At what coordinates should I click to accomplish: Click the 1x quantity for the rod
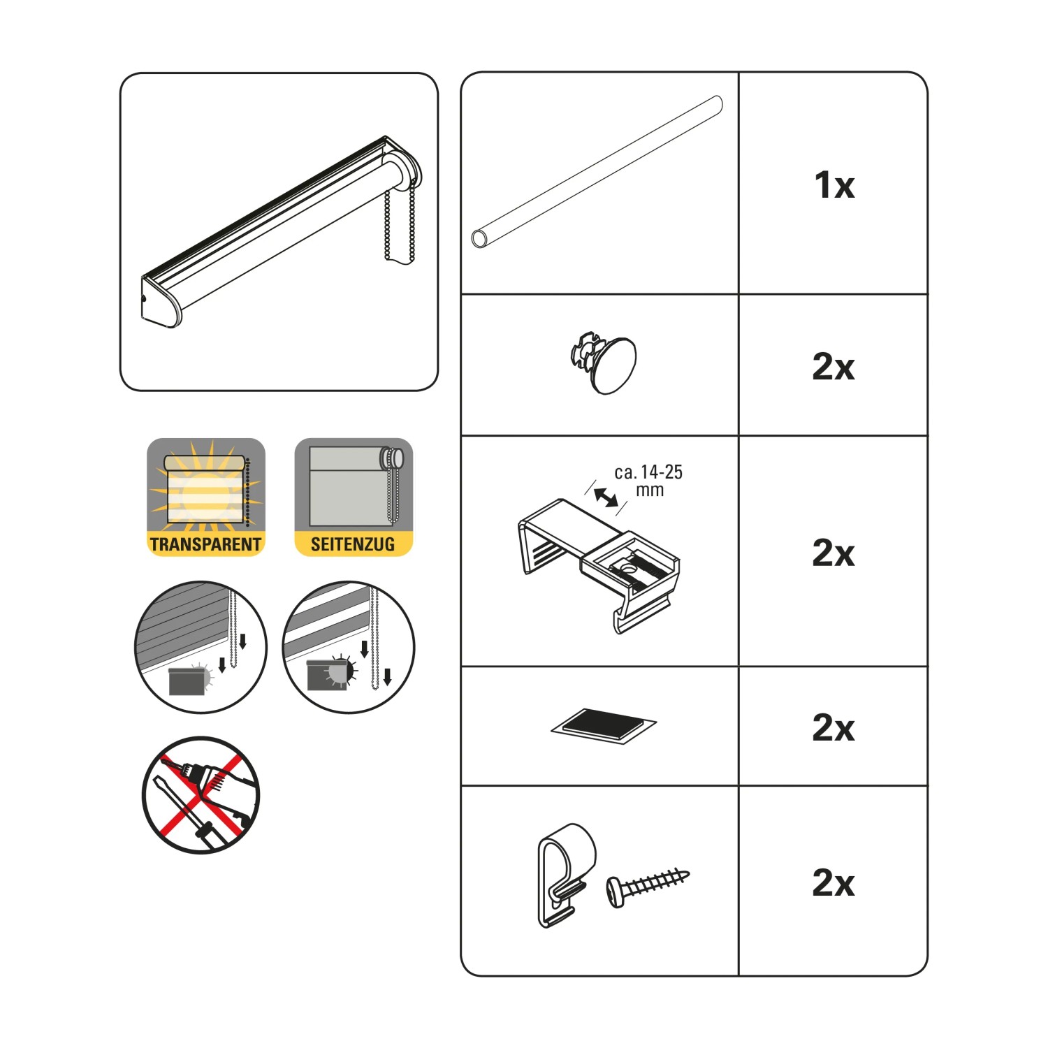(x=834, y=185)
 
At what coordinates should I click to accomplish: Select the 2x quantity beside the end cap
(x=834, y=366)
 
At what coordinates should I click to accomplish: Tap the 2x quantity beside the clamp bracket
(x=834, y=553)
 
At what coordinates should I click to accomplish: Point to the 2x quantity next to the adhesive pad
(x=834, y=727)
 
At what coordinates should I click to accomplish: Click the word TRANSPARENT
(x=205, y=544)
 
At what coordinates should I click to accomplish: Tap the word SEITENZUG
(x=353, y=544)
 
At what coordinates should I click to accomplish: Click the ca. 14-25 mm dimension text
(x=648, y=481)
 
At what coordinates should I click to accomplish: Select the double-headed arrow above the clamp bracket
(x=606, y=497)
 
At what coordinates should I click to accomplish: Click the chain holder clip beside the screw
(x=566, y=874)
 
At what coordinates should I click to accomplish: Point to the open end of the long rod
(x=479, y=238)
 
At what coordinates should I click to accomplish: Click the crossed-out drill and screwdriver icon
(x=201, y=795)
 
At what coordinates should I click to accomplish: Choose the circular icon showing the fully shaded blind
(x=201, y=647)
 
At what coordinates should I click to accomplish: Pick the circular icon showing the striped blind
(x=349, y=647)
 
